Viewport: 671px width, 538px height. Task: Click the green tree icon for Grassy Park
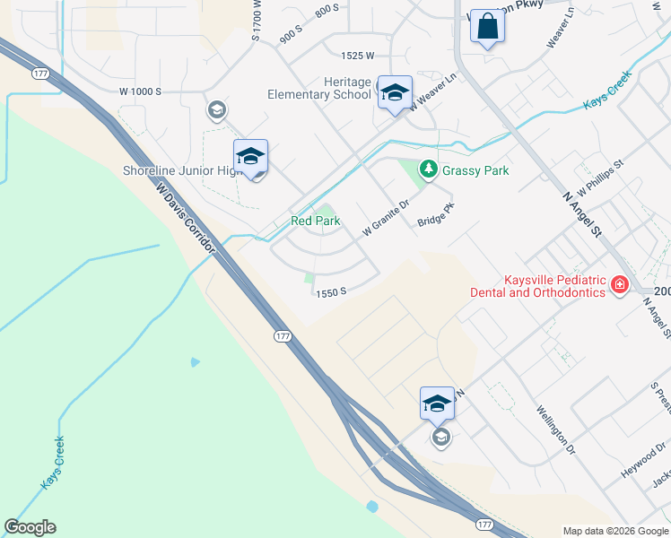tap(429, 169)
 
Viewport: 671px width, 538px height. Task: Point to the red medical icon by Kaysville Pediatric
tap(618, 284)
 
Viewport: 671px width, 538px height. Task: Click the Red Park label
tap(315, 221)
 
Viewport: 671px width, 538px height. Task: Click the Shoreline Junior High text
tap(179, 170)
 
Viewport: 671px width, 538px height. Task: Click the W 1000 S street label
tap(140, 91)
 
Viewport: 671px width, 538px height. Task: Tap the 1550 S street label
tap(330, 291)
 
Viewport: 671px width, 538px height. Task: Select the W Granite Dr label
tap(385, 219)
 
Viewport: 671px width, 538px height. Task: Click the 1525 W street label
tap(357, 56)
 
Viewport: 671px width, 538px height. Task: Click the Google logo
tap(30, 527)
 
